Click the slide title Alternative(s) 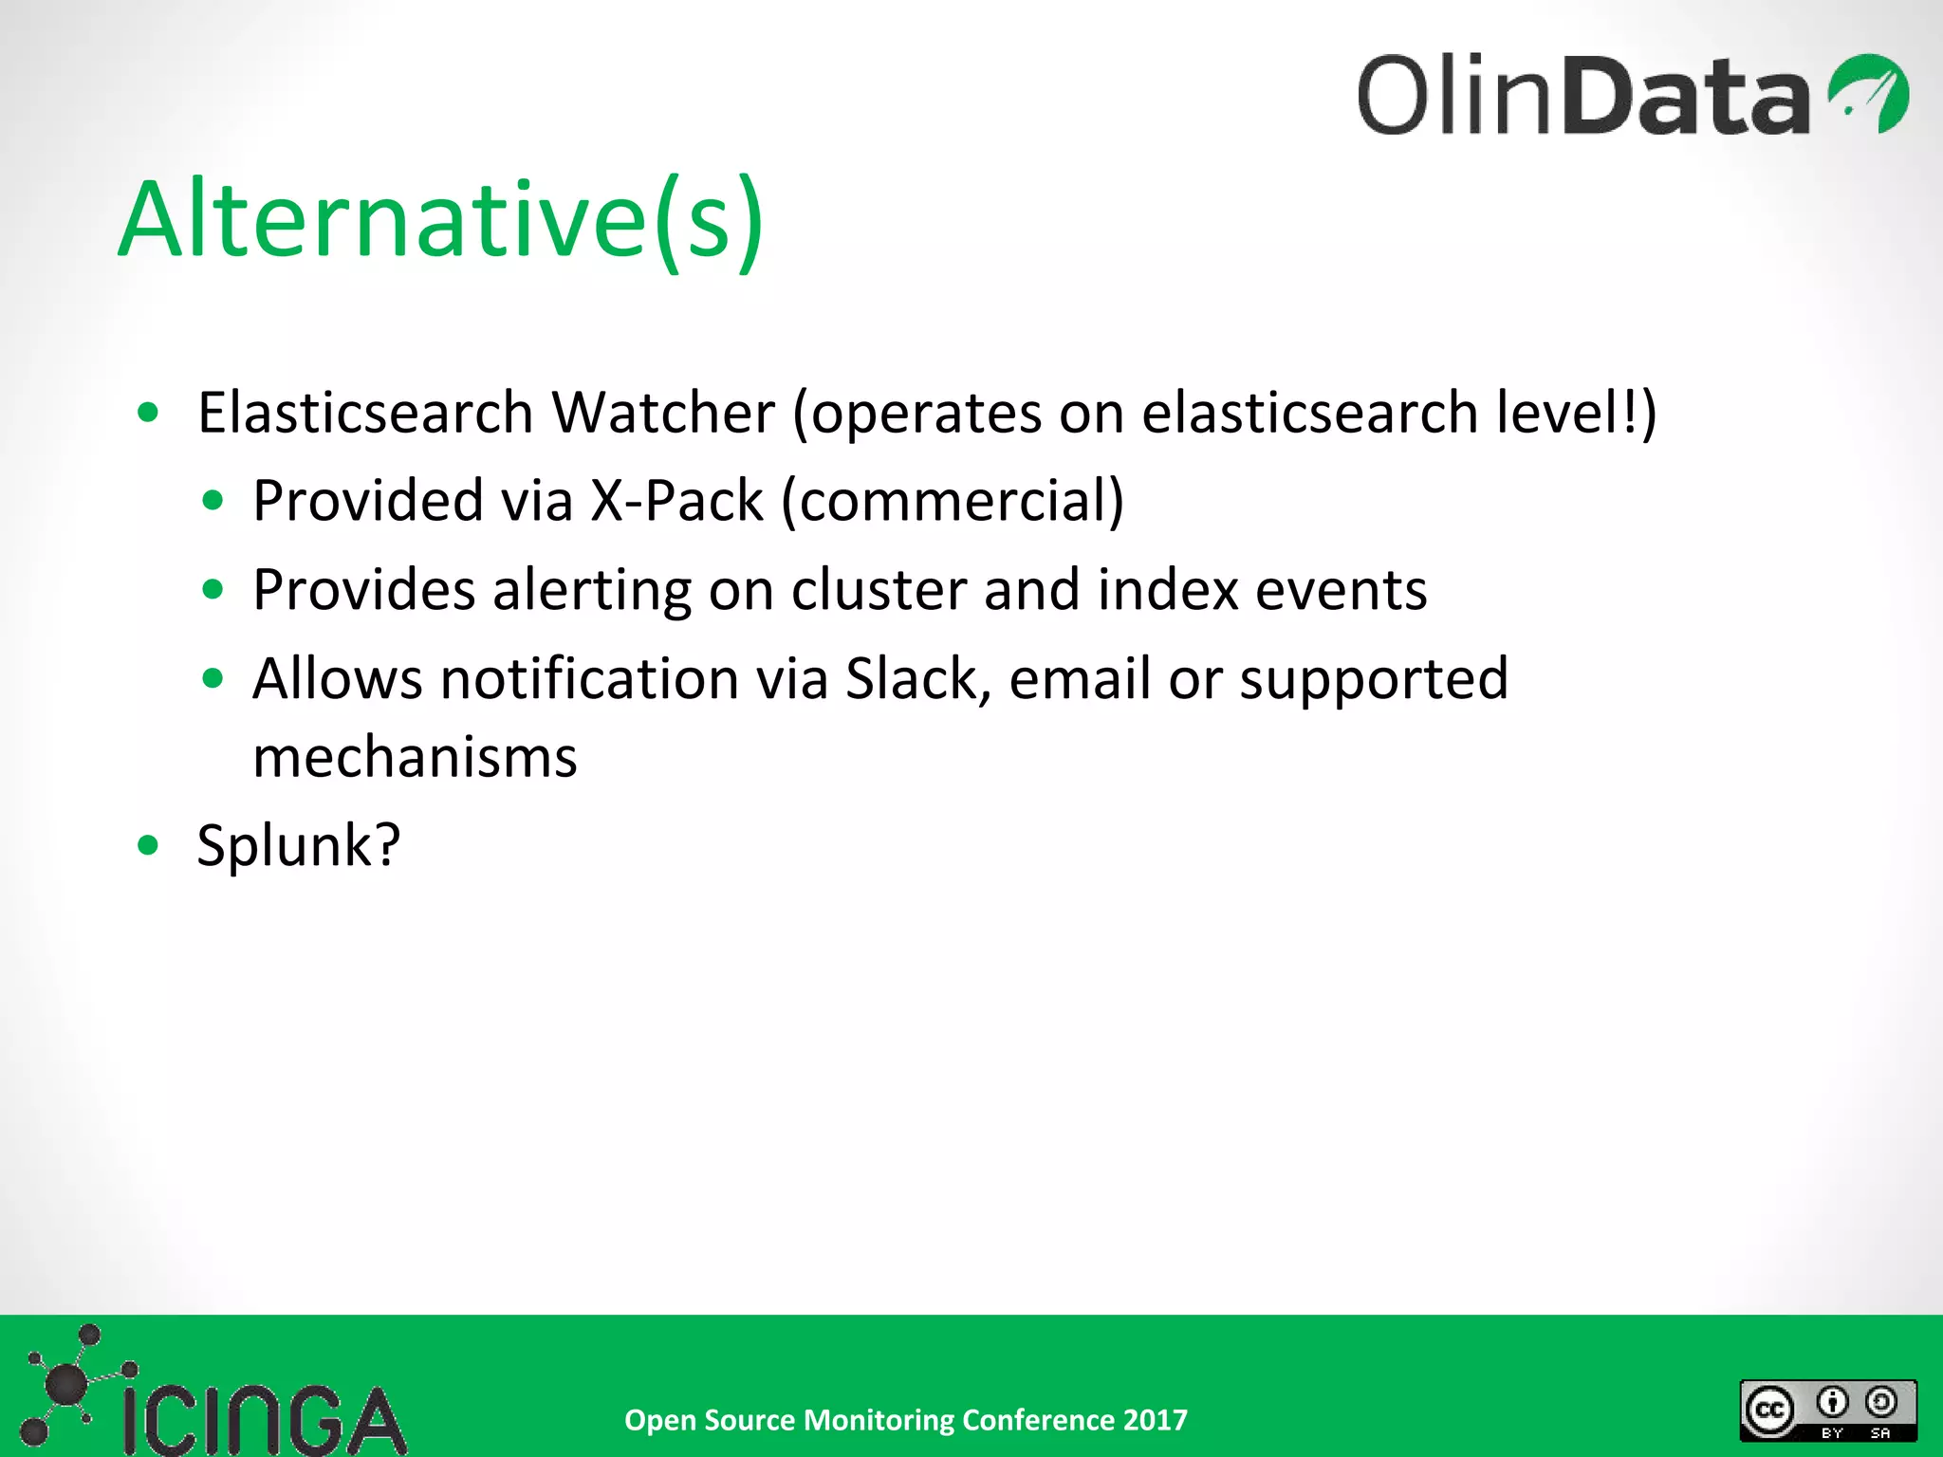pyautogui.click(x=441, y=220)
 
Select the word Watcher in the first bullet pyautogui.click(x=663, y=414)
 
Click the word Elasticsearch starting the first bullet pyautogui.click(x=365, y=414)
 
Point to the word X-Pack pyautogui.click(x=676, y=501)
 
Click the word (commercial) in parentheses pyautogui.click(x=953, y=501)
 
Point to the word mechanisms pyautogui.click(x=415, y=757)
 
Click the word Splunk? pyautogui.click(x=298, y=845)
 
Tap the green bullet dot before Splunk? pyautogui.click(x=148, y=844)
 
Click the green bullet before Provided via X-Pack pyautogui.click(x=213, y=500)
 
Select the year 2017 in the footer pyautogui.click(x=1155, y=1420)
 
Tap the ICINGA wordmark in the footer pyautogui.click(x=264, y=1420)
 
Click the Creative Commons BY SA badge pyautogui.click(x=1827, y=1411)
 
